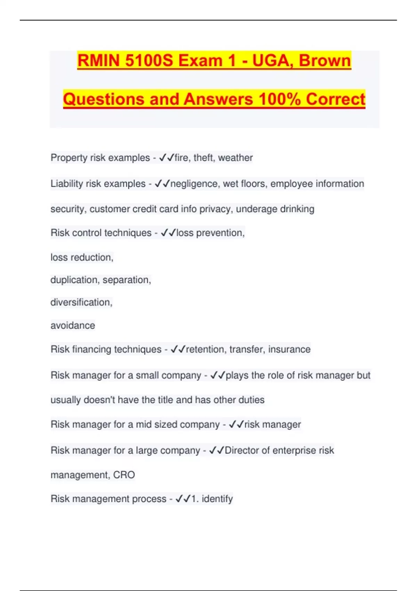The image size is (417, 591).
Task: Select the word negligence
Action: tap(195, 184)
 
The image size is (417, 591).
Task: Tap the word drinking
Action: tap(297, 209)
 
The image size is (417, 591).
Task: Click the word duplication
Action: tap(75, 280)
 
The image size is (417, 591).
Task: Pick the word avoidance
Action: tap(73, 325)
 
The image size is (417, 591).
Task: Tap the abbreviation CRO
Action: tap(124, 475)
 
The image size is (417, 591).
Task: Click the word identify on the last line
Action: tap(217, 499)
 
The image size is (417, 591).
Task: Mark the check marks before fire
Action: tap(166, 158)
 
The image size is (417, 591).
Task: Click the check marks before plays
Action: tap(218, 375)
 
